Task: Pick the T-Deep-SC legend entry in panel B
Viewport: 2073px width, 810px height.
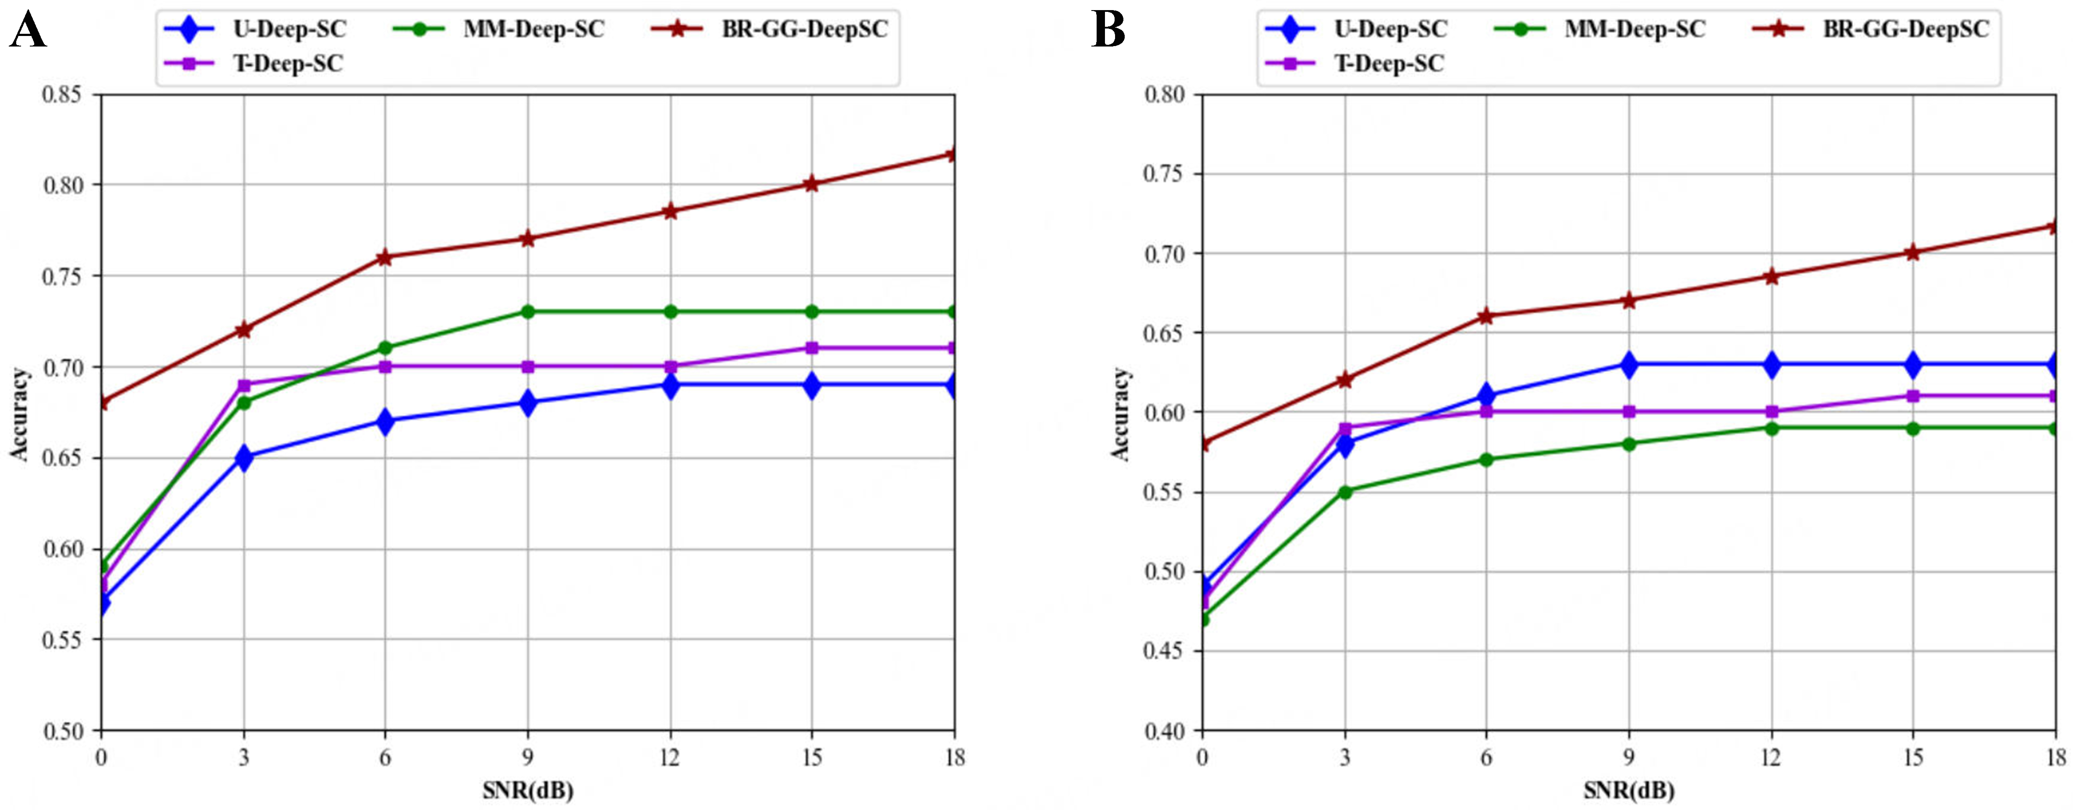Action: pos(1389,64)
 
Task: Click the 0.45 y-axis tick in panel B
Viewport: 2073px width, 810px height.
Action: pos(1165,651)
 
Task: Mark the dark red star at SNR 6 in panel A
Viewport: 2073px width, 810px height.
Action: pos(385,258)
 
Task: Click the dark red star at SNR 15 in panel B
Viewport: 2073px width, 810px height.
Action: pos(1913,253)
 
